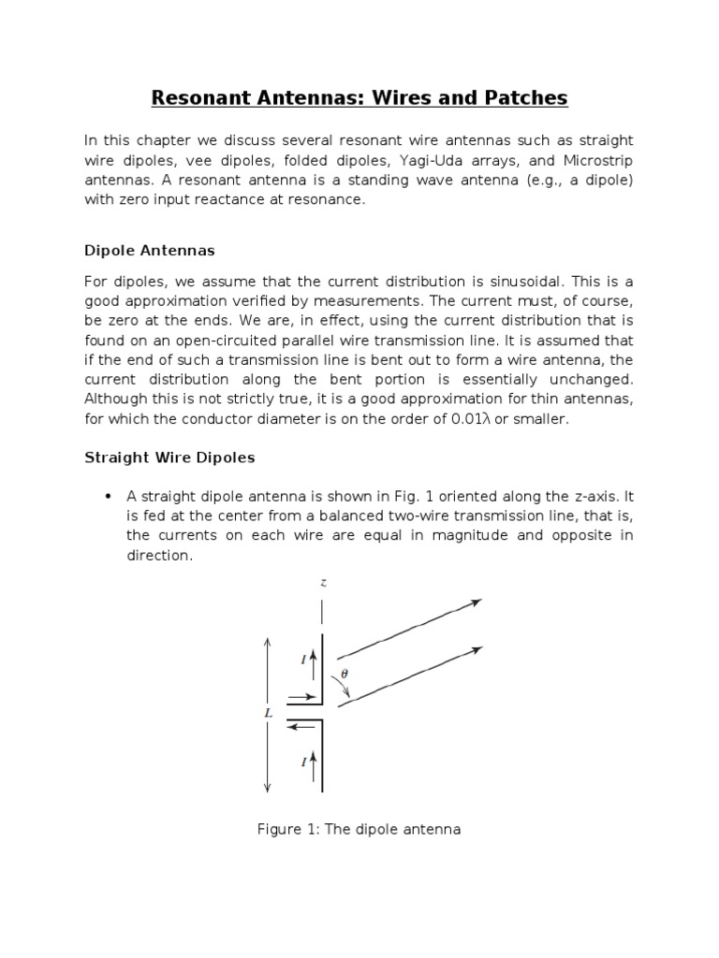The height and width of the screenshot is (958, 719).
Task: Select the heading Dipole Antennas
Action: coord(150,251)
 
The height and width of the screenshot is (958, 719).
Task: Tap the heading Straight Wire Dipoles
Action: coord(169,457)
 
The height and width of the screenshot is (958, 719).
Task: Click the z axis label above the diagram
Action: coord(323,582)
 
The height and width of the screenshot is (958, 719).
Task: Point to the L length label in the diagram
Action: coord(268,713)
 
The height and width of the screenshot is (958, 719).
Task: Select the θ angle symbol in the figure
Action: coord(344,672)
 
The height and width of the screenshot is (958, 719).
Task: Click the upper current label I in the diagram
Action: coord(303,660)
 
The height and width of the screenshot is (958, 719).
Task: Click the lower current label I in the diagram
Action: coord(303,762)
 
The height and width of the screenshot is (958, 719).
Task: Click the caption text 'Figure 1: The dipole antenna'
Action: coord(359,829)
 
